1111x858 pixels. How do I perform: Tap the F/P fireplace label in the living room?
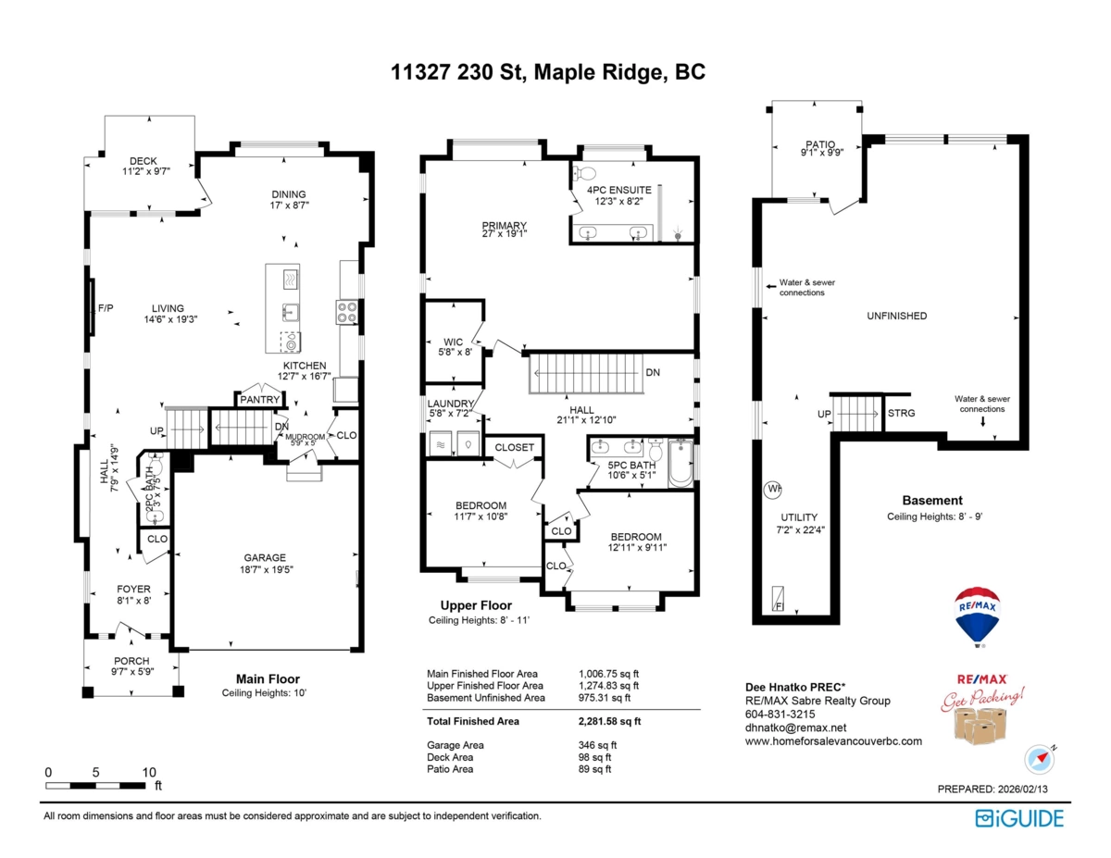105,308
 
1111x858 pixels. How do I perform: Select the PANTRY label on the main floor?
260,399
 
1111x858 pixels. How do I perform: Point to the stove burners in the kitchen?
347,313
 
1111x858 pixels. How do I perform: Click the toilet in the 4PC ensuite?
585,173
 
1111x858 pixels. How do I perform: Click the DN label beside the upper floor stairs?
653,373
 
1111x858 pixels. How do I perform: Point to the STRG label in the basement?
901,413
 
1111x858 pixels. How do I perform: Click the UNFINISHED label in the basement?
896,316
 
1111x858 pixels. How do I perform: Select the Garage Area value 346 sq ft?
597,745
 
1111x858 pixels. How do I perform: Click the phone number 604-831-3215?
780,715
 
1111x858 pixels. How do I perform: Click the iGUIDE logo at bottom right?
1019,818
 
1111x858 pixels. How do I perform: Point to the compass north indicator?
1040,758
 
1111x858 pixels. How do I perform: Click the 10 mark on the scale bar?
149,772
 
